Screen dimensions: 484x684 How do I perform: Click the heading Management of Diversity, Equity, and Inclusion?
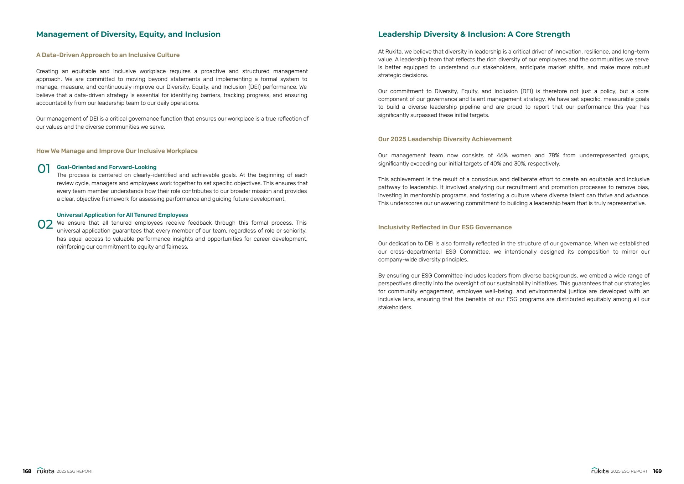(128, 34)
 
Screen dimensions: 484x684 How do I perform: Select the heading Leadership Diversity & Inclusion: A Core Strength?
(474, 34)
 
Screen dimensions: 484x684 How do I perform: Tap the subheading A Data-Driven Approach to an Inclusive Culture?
(108, 55)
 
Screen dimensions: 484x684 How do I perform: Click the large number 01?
(44, 169)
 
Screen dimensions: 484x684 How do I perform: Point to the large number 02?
(45, 224)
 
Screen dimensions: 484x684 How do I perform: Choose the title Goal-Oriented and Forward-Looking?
(107, 167)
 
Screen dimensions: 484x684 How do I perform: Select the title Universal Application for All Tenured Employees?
(122, 215)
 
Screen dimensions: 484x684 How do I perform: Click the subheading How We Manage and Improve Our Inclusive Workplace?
(116, 151)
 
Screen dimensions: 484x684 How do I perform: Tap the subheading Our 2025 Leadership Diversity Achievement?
(445, 139)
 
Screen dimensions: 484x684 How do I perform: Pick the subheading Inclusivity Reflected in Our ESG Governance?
(445, 227)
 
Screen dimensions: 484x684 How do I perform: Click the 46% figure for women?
(502, 156)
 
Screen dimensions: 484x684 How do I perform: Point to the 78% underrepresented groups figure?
(554, 156)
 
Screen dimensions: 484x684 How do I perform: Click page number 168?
(27, 471)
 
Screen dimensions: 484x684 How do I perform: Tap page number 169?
(657, 471)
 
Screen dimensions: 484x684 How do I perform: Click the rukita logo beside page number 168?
(46, 471)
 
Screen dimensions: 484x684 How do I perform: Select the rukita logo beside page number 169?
(600, 471)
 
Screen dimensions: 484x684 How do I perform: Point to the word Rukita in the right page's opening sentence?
(393, 52)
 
